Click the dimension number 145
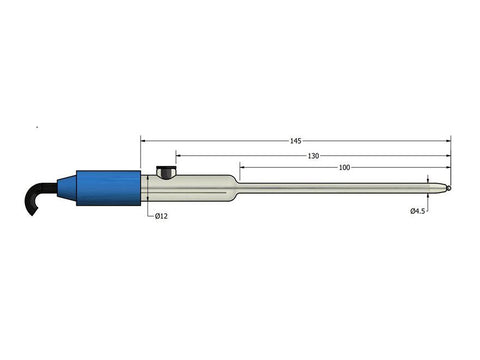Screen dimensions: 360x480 point(296,141)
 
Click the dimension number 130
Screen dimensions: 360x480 point(314,155)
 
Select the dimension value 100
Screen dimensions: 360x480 point(345,167)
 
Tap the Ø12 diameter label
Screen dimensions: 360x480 point(162,216)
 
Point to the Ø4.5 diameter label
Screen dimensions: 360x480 point(419,211)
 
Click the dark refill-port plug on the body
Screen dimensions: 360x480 point(165,173)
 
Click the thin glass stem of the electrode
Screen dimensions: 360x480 point(340,187)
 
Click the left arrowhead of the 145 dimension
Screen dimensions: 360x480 point(143,141)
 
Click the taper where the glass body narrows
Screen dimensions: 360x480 point(235,187)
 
